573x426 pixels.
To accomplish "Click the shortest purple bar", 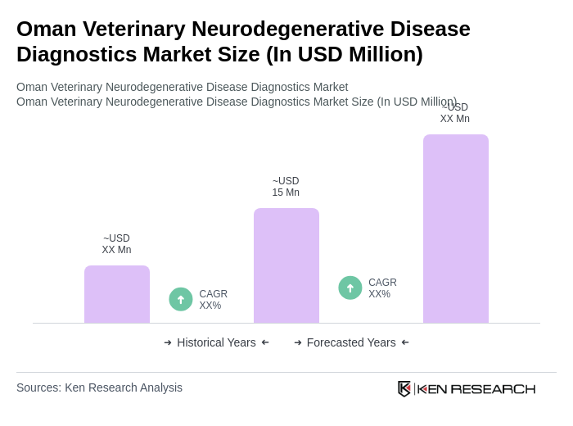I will (117, 294).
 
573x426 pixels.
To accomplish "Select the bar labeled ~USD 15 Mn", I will (286, 265).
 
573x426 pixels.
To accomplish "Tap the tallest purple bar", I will (456, 229).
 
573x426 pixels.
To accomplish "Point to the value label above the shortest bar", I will (116, 244).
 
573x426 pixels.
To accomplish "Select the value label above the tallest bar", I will (455, 113).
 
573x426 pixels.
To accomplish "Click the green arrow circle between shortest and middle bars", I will (181, 299).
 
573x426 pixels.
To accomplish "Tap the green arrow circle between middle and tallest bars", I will (350, 288).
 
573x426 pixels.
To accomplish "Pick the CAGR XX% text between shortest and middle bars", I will (213, 300).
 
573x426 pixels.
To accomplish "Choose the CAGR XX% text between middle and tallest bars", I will (382, 288).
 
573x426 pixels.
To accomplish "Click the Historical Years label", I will (216, 342).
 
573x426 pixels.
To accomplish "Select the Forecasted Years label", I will (351, 342).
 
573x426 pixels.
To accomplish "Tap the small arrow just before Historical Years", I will (168, 342).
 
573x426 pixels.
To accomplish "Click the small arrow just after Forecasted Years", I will (405, 342).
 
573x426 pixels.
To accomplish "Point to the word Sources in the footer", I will (38, 387).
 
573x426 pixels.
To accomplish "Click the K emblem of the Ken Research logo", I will (404, 388).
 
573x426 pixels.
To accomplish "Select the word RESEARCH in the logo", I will (493, 388).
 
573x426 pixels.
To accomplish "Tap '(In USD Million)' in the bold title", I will (344, 54).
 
